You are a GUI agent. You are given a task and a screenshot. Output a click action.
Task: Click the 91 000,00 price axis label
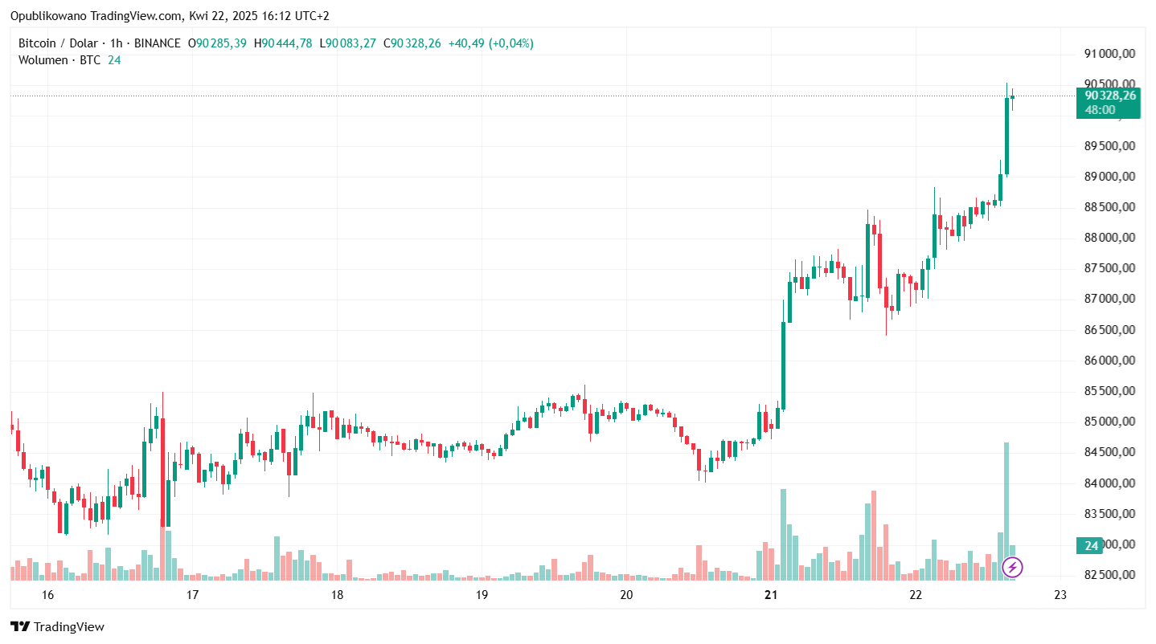click(1109, 54)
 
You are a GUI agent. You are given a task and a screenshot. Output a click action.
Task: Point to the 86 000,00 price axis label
click(1109, 361)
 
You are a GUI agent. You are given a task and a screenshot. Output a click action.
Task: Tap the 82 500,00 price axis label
click(1109, 575)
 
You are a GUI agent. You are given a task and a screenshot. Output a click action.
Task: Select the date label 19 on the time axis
click(482, 595)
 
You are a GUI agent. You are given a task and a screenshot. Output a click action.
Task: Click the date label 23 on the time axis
click(1060, 595)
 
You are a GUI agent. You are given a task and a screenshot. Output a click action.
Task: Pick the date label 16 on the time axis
click(47, 595)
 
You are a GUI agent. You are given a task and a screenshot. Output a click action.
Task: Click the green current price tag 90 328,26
click(1109, 96)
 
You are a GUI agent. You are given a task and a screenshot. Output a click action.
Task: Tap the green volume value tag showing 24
click(1091, 546)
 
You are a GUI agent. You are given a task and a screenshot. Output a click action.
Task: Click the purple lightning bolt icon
click(1013, 568)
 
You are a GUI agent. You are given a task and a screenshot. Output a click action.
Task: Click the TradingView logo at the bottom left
click(57, 627)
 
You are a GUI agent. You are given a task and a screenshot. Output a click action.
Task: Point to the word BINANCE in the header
click(156, 43)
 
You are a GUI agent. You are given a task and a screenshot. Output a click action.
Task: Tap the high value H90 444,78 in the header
click(282, 43)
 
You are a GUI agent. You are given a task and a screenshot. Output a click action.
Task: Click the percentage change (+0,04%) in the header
click(510, 43)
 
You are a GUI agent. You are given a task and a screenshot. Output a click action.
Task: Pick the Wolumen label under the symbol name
click(43, 60)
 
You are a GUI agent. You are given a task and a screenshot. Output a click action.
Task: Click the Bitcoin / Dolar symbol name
click(58, 43)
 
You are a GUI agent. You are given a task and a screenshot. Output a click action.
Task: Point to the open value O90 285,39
click(217, 43)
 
